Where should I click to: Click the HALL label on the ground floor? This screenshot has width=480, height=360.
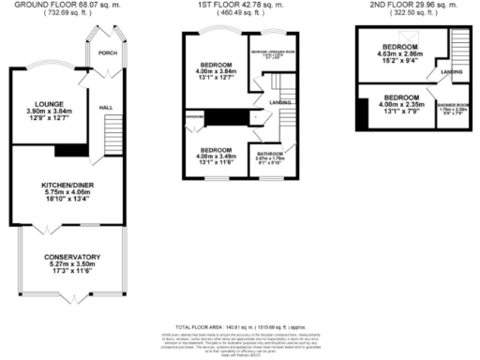coord(108,108)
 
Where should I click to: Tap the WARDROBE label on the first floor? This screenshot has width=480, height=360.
coord(194,117)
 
